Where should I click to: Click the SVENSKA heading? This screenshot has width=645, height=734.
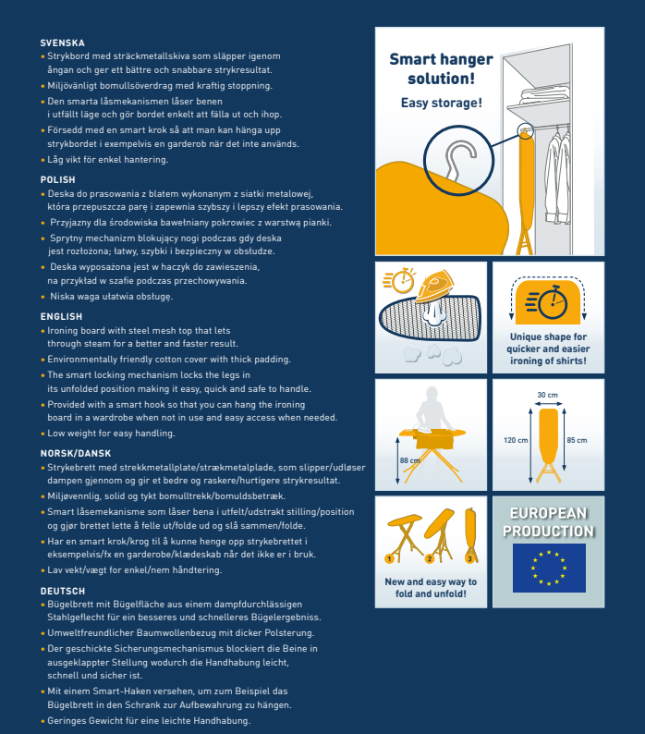[63, 43]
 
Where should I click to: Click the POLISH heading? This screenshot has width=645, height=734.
[58, 179]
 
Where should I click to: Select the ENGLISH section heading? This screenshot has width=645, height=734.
[61, 316]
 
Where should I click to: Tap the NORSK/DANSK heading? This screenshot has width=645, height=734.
[77, 454]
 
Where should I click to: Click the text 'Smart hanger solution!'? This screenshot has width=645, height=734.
[441, 69]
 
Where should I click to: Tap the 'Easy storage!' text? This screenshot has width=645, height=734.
[441, 103]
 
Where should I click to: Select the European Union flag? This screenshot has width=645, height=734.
[548, 568]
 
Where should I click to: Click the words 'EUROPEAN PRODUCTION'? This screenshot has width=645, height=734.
[548, 522]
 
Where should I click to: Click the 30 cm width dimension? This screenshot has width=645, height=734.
[547, 396]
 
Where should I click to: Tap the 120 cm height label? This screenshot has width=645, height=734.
[516, 440]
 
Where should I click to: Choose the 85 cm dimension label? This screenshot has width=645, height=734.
[577, 440]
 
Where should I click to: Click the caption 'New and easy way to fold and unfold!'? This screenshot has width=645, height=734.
[431, 587]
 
